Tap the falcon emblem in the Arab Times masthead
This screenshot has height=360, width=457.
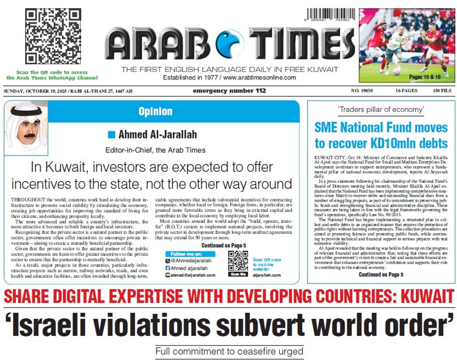(230, 44)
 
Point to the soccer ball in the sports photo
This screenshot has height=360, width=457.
(396, 71)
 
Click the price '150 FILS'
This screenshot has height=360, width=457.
(442, 91)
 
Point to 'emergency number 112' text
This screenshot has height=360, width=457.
(229, 91)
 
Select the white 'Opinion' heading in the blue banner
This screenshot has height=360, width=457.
(155, 112)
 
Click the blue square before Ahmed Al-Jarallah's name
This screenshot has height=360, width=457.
(111, 134)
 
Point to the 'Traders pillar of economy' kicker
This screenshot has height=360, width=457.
(381, 110)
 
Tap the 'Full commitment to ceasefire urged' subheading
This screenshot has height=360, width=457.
(229, 351)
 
